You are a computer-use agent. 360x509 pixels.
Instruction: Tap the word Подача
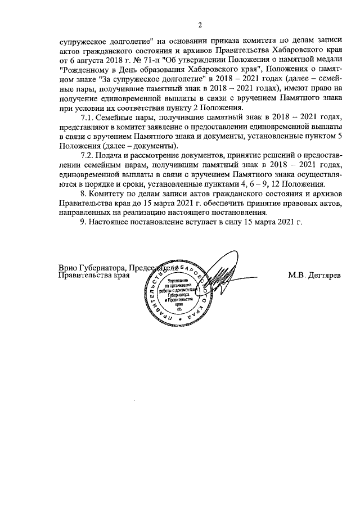(x=109, y=155)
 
